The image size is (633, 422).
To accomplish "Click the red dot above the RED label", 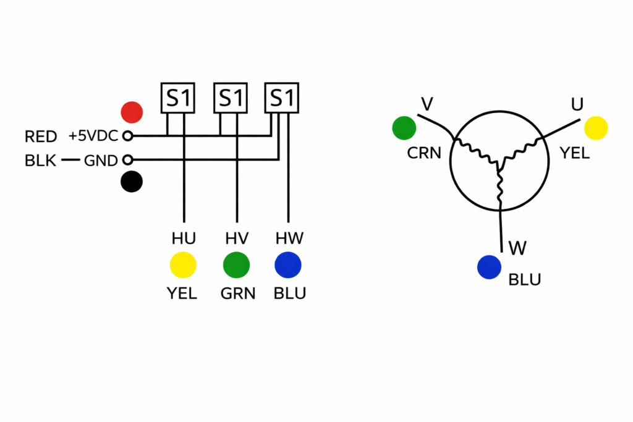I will point(132,112).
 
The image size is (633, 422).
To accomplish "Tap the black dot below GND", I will point(132,182).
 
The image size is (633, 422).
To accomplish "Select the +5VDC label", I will point(94,136).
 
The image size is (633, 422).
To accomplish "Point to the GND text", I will point(100,161).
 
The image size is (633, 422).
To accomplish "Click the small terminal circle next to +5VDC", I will point(128,136).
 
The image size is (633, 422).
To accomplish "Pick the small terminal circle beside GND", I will point(128,161).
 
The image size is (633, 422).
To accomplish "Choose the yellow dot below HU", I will point(183,265).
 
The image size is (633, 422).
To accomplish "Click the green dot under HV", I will point(236,265).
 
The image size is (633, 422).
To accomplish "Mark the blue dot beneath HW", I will point(287,265).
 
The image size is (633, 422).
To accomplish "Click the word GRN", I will point(238,293).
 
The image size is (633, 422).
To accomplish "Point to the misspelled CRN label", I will point(424,153).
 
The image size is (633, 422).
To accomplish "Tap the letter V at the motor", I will point(426,104).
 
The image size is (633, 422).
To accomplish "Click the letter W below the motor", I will point(517,248).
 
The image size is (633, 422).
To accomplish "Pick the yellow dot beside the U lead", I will point(596,128).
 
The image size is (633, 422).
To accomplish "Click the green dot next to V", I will point(404,128).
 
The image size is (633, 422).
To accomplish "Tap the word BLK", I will point(41,161).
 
